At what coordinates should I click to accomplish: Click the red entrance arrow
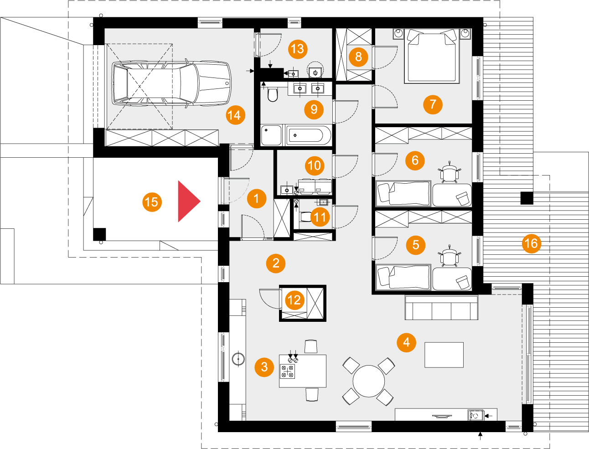tap(188, 201)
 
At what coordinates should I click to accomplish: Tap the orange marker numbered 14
tap(235, 115)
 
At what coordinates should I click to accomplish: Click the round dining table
tap(369, 381)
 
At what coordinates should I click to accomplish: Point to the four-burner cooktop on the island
tap(287, 371)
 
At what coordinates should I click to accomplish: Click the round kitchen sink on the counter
tap(238, 359)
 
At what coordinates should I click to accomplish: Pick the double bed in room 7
tap(431, 56)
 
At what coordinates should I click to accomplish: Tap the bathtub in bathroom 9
tap(308, 135)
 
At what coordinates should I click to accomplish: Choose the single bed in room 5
tap(403, 277)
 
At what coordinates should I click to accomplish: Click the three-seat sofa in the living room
tap(441, 308)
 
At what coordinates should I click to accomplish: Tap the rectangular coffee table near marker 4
tap(444, 355)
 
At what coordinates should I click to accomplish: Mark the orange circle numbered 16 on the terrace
tap(531, 243)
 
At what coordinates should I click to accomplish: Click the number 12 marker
tap(294, 300)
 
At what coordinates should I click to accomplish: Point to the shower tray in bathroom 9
tap(271, 135)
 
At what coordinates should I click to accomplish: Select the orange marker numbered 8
tap(358, 57)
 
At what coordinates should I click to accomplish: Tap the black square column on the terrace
tap(527, 198)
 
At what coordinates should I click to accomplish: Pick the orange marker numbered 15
tap(152, 202)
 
